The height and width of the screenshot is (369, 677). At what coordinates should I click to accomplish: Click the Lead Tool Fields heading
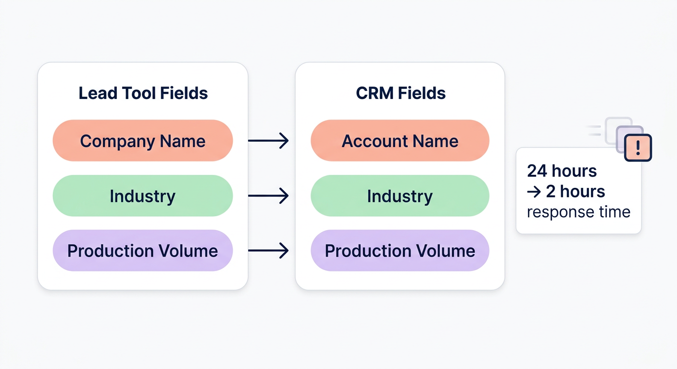(143, 93)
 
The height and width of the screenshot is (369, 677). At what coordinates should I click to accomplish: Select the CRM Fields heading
(401, 93)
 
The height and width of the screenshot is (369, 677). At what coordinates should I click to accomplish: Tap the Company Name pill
(143, 141)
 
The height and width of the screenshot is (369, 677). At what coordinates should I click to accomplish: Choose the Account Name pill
(400, 141)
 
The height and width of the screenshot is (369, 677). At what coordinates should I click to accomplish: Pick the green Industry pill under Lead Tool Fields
(143, 196)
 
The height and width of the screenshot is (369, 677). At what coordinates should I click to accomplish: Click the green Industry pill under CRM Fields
(400, 196)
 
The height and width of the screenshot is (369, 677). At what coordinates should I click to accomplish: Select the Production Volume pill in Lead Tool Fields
(143, 251)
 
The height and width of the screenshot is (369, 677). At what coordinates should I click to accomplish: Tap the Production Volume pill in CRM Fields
(400, 251)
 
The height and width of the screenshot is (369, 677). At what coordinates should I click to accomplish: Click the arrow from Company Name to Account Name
(268, 141)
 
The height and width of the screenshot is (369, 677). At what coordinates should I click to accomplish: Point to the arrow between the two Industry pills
(268, 196)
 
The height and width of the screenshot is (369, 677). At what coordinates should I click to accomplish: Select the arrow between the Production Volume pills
(268, 250)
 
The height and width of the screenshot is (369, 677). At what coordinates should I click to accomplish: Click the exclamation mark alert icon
(638, 148)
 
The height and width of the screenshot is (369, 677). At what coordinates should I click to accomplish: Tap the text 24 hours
(562, 171)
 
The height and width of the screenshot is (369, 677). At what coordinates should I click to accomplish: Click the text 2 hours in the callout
(576, 191)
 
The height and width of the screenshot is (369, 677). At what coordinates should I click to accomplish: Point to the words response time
(578, 212)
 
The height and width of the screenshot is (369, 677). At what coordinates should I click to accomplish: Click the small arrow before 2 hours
(534, 192)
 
